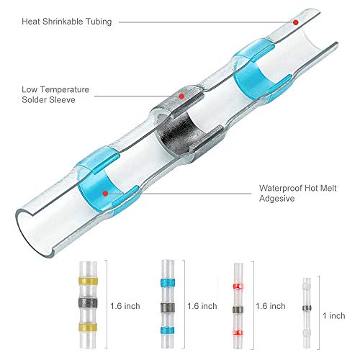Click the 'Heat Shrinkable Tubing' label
[x=67, y=22]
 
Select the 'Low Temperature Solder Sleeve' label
[x=55, y=94]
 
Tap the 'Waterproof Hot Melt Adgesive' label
[x=297, y=193]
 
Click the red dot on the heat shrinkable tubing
[x=296, y=22]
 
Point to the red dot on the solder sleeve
[x=181, y=96]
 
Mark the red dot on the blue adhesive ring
[x=105, y=193]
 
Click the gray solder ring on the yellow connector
[x=88, y=303]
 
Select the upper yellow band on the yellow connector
[x=88, y=281]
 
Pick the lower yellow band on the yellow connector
[x=88, y=327]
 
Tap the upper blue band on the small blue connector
[x=168, y=282]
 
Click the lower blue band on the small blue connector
[x=168, y=330]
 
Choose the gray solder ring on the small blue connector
[x=168, y=307]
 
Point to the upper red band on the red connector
[x=238, y=286]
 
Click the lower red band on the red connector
[x=238, y=333]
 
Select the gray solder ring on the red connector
[x=238, y=310]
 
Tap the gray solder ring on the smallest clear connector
[x=307, y=308]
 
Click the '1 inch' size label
[x=334, y=315]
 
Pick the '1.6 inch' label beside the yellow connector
[x=125, y=306]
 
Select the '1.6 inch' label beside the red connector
[x=271, y=306]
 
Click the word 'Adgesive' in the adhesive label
[x=276, y=199]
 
